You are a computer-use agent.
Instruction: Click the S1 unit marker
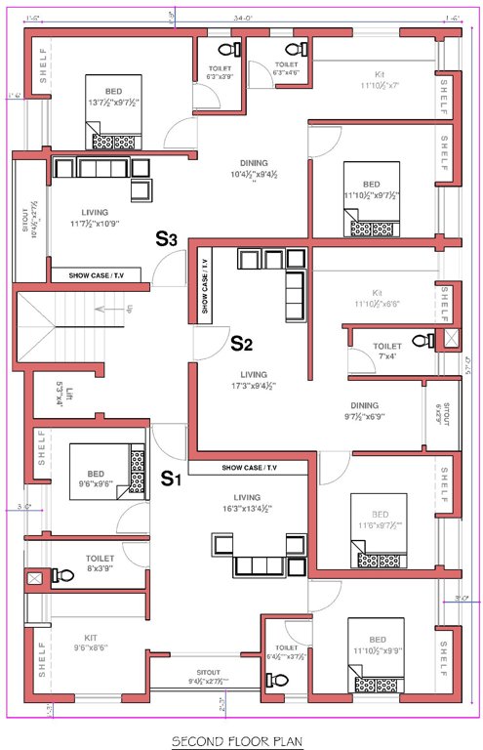pyautogui.click(x=172, y=479)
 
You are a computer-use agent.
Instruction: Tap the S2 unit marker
pyautogui.click(x=241, y=343)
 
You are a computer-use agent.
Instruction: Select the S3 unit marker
pyautogui.click(x=167, y=237)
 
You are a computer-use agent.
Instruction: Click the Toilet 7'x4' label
pyautogui.click(x=386, y=351)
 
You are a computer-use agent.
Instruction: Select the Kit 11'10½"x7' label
pyautogui.click(x=380, y=80)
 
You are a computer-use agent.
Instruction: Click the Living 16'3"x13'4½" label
pyautogui.click(x=240, y=503)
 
